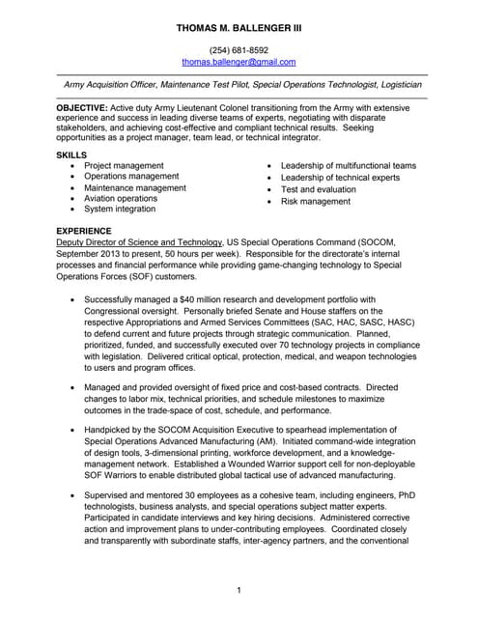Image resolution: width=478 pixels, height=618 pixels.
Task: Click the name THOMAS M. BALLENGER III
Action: (239, 29)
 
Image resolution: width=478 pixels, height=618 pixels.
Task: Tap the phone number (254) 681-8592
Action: (239, 50)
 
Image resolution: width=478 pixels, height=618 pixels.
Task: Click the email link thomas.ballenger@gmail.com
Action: (239, 62)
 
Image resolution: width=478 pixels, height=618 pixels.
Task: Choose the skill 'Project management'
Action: (124, 166)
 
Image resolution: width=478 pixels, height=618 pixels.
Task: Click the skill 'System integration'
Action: (120, 209)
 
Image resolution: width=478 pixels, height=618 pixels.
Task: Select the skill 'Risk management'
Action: (315, 202)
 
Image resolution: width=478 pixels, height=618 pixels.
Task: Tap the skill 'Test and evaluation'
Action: (318, 189)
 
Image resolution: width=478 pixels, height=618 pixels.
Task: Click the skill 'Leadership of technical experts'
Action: (340, 178)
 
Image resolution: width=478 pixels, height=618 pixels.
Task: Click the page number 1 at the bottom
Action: (239, 589)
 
